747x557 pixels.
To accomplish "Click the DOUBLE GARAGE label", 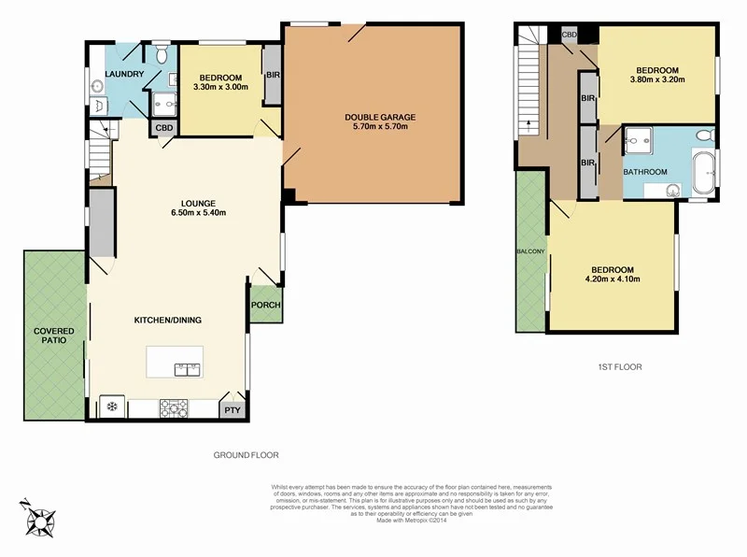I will [x=380, y=117].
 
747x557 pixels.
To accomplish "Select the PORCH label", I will [x=265, y=306].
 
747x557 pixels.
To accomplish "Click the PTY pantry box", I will [x=232, y=408].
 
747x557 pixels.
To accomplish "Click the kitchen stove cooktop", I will [x=175, y=407].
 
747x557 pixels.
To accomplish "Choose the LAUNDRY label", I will [x=124, y=74].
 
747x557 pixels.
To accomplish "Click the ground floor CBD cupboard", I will [x=164, y=128].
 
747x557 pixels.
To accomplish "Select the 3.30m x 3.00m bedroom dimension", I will [x=220, y=87].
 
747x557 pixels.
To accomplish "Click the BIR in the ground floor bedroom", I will [x=273, y=74].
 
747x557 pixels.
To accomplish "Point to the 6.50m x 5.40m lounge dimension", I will [x=199, y=212].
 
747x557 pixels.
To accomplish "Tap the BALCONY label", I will [x=529, y=251].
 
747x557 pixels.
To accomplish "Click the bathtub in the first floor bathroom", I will [x=705, y=172].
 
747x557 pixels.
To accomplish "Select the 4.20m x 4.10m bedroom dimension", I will [x=612, y=278].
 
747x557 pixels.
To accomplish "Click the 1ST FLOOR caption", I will [x=620, y=367].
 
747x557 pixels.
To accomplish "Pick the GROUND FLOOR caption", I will [x=247, y=455].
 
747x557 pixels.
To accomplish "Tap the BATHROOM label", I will [x=645, y=172].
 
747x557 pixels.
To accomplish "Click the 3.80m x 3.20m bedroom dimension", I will [x=657, y=79].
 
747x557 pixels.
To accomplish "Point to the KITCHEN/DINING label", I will [x=168, y=320].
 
